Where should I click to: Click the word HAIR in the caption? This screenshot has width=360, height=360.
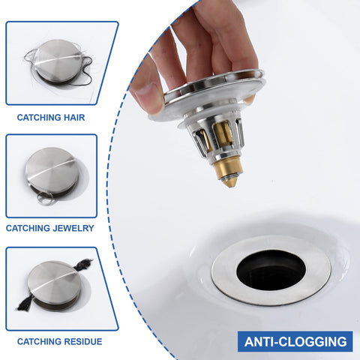tap(74, 118)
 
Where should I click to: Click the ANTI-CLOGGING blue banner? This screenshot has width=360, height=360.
tap(295, 341)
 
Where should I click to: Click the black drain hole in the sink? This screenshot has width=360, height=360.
tap(271, 270)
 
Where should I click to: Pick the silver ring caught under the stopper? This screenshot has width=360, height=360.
tap(45, 199)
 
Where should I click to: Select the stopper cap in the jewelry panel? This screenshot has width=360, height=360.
tap(53, 171)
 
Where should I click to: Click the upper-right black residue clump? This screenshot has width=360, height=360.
tap(83, 265)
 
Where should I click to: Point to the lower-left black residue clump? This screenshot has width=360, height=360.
tap(25, 302)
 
